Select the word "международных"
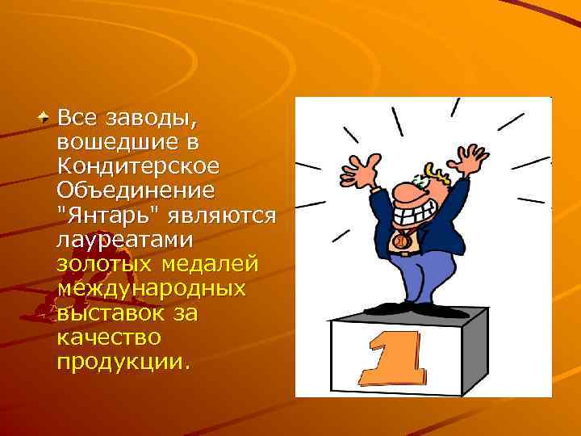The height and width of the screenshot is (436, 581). coord(150,287)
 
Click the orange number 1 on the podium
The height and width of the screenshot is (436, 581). coord(395,356)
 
